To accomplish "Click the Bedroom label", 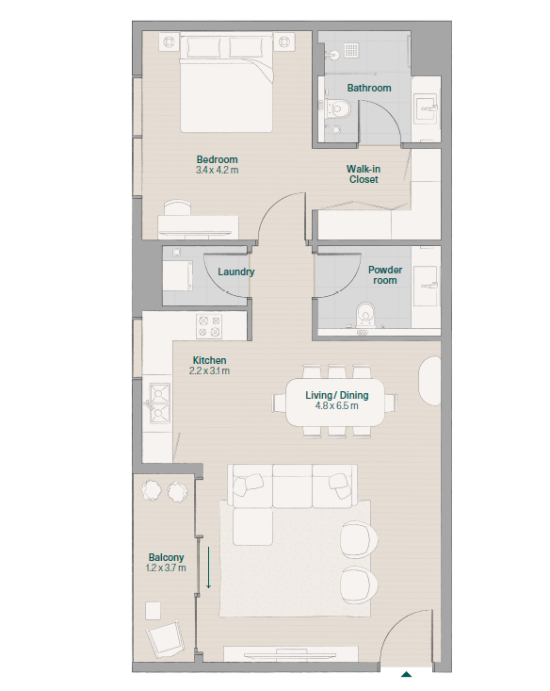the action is [218, 159].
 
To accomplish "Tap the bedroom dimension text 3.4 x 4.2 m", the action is [218, 170].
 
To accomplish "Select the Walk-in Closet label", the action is [364, 174].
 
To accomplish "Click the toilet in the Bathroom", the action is [338, 108].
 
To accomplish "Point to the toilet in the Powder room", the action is [364, 316].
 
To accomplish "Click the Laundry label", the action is [236, 271].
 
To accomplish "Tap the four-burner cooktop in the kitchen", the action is [209, 326].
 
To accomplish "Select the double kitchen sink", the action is [159, 403].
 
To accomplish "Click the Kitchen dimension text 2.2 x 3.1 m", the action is [210, 371].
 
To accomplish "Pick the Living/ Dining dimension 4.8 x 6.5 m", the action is [337, 406].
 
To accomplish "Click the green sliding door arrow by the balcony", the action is [209, 568].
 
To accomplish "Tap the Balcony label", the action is [166, 557].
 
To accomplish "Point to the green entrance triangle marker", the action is [406, 674].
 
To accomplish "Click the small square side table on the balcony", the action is [153, 611].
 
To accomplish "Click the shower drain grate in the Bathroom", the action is [351, 50].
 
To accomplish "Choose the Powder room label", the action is [385, 275].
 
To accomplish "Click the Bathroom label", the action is [369, 88].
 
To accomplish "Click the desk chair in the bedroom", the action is [177, 207].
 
